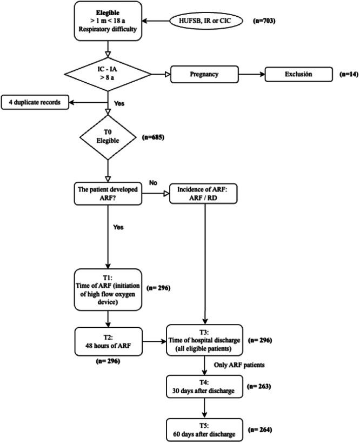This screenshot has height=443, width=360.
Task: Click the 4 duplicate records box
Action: [35, 102]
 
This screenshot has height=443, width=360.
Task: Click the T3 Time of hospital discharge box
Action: [205, 341]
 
